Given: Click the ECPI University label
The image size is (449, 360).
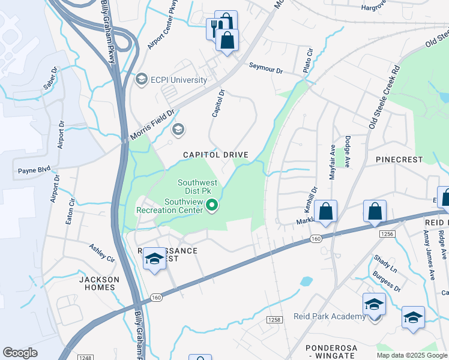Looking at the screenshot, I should [x=179, y=80].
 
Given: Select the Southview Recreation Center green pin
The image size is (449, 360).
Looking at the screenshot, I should [x=211, y=206].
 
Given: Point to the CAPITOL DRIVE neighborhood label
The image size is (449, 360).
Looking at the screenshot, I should [x=215, y=155].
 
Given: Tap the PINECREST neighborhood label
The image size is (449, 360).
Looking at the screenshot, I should [x=399, y=160].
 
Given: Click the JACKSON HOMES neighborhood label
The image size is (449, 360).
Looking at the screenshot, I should [x=99, y=283].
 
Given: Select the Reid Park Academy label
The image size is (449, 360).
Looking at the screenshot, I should [x=329, y=316].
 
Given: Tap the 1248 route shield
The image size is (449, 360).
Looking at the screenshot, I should [x=85, y=357].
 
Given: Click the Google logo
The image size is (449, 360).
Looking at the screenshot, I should [x=20, y=353].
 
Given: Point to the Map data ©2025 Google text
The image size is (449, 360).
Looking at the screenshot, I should [x=411, y=355].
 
